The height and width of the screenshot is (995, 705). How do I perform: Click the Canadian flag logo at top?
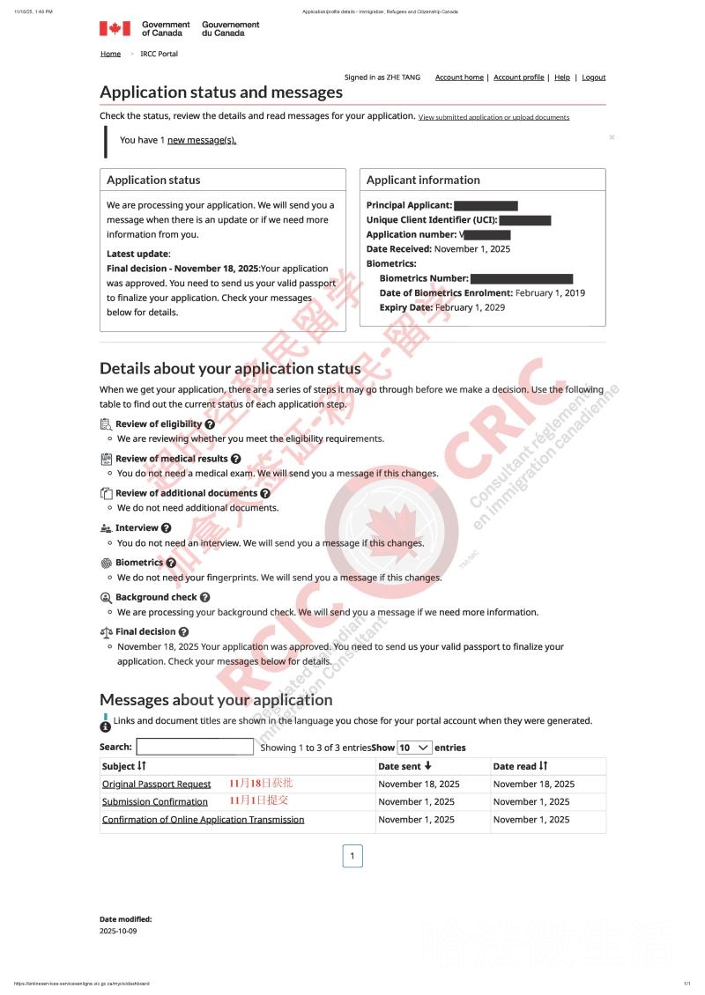point(115,28)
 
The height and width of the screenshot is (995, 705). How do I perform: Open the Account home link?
point(459,77)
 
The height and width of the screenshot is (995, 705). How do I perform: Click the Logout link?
point(593,77)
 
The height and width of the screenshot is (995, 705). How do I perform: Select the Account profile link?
point(518,77)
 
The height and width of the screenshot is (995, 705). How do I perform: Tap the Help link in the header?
point(561,77)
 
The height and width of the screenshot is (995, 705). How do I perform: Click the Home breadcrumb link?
point(110,54)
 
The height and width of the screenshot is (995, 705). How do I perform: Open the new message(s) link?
point(202,140)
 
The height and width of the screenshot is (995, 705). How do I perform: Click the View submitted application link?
point(493,117)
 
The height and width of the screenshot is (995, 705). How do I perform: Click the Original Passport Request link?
point(156,784)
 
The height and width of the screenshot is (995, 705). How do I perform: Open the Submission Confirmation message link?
point(154,802)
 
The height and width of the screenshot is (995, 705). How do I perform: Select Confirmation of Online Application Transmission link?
point(203,820)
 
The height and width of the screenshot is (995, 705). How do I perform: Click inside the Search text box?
point(195,747)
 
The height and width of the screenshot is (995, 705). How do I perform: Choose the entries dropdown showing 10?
point(414,747)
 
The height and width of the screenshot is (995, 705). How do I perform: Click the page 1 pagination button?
point(352,856)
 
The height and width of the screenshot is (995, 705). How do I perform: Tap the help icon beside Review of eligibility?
point(210,424)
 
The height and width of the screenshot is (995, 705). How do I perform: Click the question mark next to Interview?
point(167,528)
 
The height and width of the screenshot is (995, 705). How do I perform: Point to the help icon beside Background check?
point(205,597)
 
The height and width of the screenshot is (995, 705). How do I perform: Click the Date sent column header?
point(404,766)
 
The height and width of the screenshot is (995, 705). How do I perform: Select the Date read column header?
point(520,766)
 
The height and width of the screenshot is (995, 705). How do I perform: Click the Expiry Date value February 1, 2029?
point(470,307)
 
